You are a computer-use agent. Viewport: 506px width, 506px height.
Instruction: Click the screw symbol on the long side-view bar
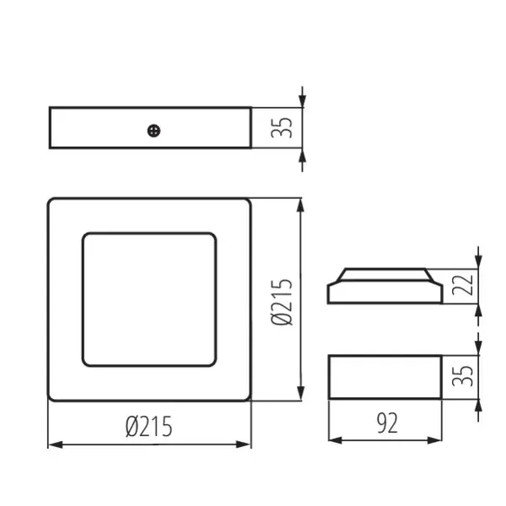[x=153, y=130]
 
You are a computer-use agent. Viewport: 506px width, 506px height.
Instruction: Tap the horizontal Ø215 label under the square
[x=149, y=427]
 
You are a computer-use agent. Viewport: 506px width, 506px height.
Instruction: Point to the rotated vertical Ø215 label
[x=283, y=301]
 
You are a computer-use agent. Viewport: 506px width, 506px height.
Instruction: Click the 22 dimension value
[x=460, y=286]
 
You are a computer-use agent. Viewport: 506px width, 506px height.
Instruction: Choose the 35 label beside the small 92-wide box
[x=460, y=376]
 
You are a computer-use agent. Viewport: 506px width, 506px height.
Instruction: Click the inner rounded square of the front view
[x=149, y=299]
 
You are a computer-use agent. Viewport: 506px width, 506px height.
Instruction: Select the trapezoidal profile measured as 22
[x=385, y=286]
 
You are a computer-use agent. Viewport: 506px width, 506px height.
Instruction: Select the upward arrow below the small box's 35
[x=478, y=406]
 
